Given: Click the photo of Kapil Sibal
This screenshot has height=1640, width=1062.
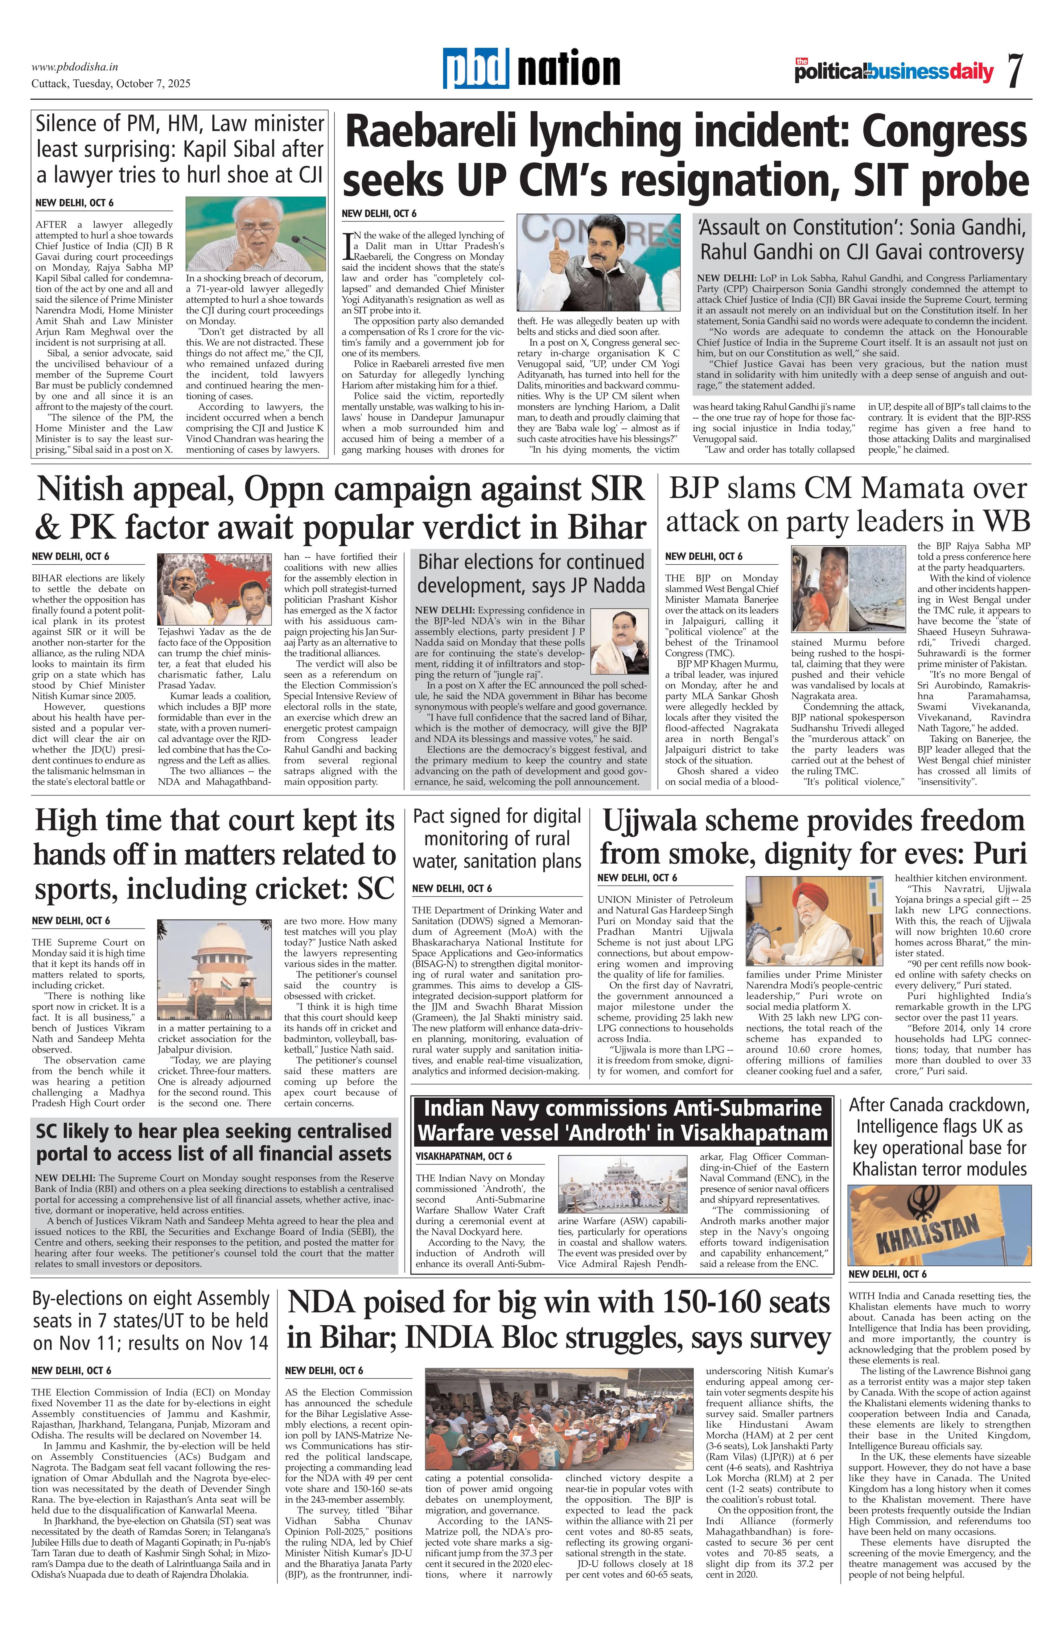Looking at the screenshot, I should [256, 234].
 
